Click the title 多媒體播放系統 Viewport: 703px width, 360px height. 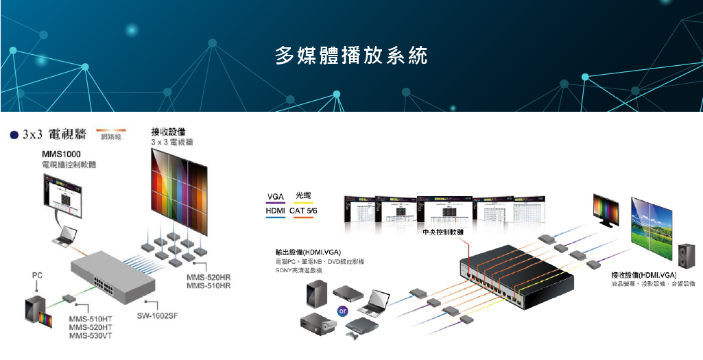pos(351,56)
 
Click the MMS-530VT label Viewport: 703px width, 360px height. pos(91,335)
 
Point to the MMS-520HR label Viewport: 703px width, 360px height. pos(208,277)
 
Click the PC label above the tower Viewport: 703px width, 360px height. pos(38,275)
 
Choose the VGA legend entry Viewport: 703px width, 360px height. pos(275,197)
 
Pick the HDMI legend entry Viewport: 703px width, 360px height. pos(275,211)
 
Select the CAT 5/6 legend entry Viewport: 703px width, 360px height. pos(303,211)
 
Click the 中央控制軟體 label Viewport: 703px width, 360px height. pos(443,232)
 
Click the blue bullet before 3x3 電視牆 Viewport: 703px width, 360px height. pos(14,134)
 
